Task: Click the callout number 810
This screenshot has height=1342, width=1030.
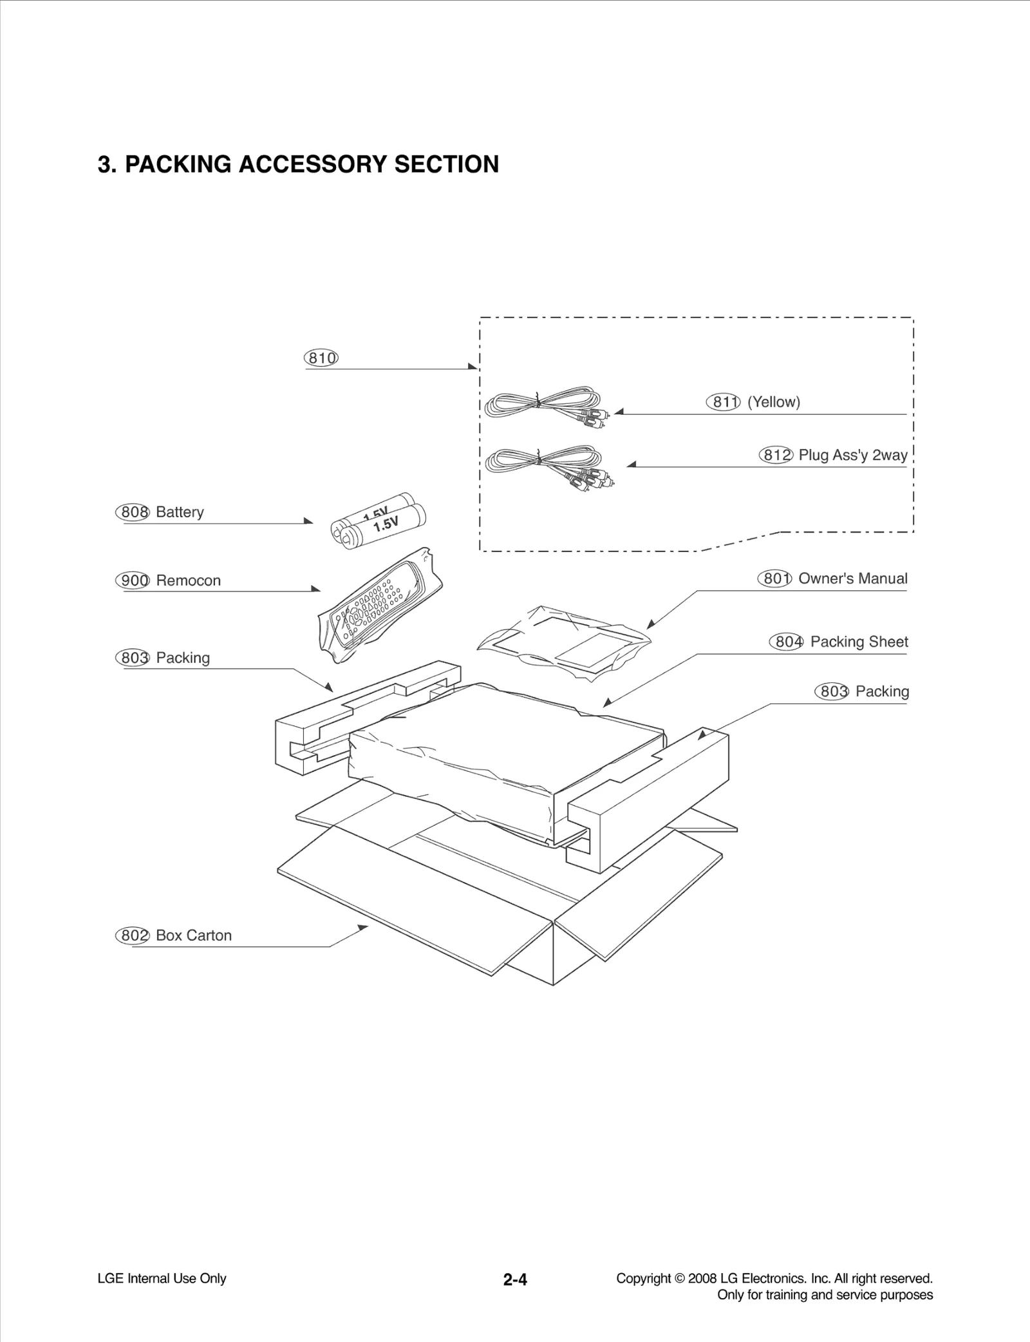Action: coord(321,358)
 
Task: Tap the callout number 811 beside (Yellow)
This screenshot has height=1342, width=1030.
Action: coord(723,402)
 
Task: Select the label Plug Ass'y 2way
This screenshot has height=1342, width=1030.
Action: coord(852,455)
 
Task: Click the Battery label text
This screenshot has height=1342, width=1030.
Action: coord(180,512)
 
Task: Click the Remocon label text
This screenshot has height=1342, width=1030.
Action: coord(188,580)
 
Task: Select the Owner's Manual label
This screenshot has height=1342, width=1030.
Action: coord(852,579)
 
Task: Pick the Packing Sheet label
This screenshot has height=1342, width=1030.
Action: coord(859,642)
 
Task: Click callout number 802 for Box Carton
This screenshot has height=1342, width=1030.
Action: coord(132,935)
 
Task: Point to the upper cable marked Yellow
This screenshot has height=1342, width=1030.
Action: coord(544,406)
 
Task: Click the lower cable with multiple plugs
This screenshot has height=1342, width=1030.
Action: coord(547,463)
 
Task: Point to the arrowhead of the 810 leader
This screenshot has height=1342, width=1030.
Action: coord(474,367)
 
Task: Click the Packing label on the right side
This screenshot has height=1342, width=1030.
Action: coord(882,691)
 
